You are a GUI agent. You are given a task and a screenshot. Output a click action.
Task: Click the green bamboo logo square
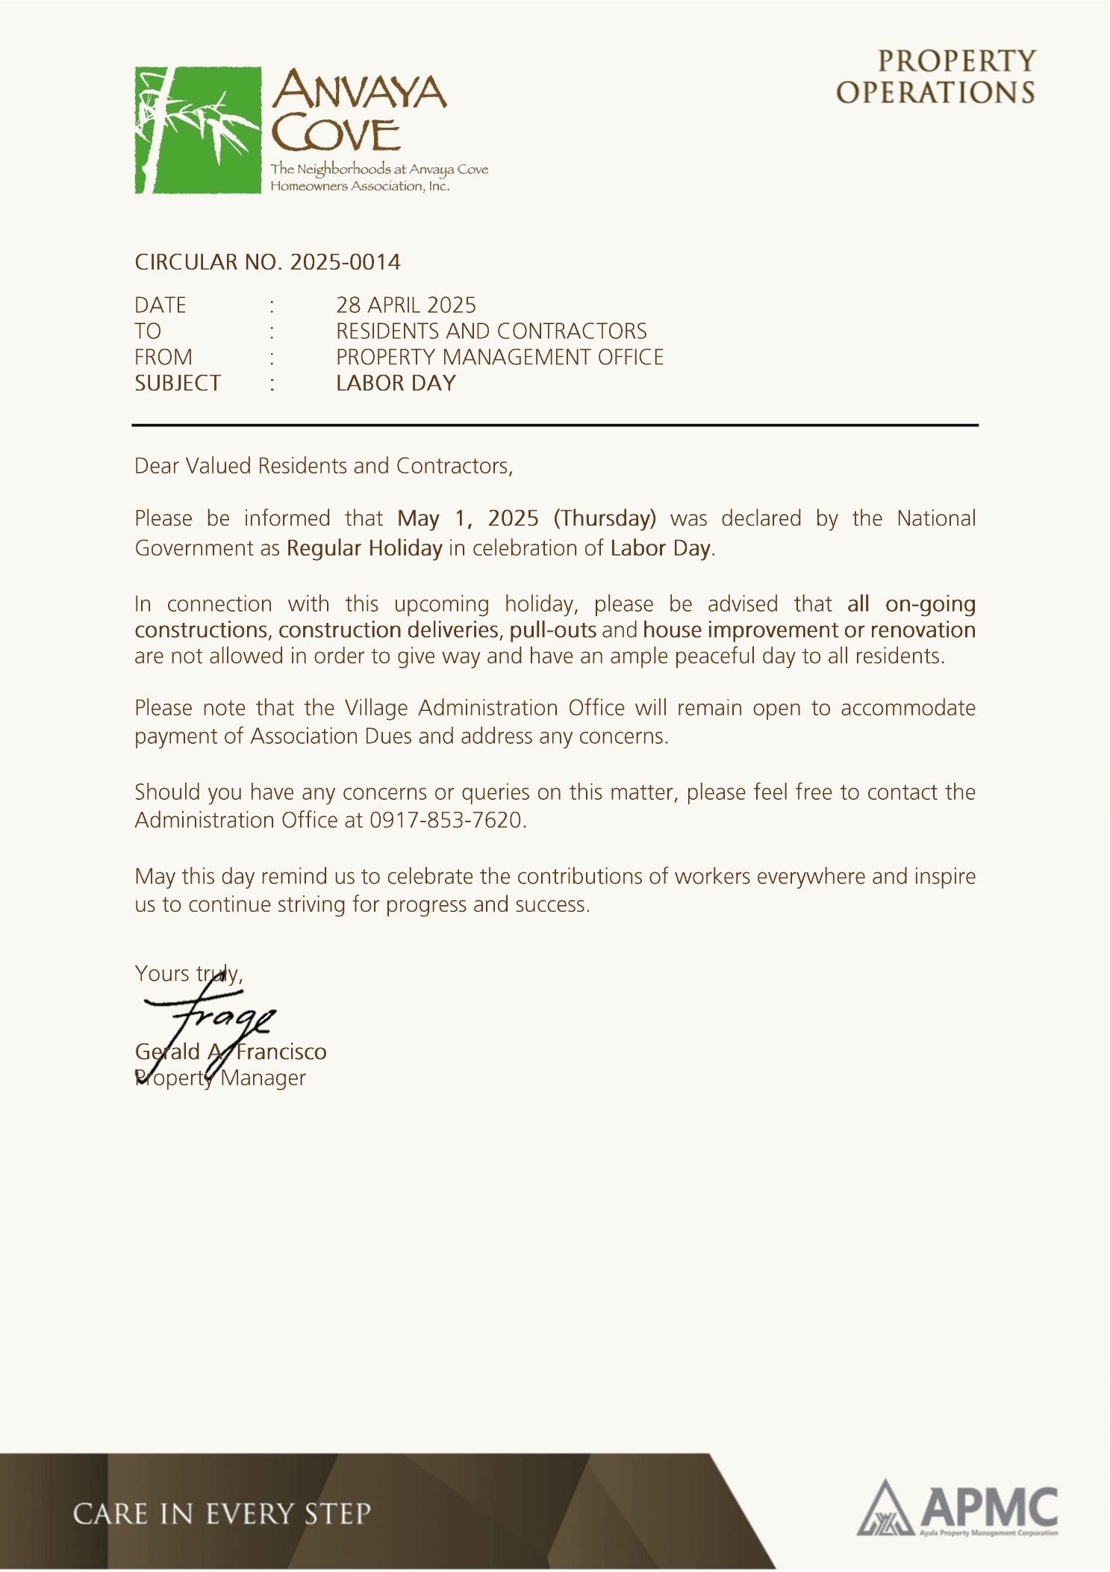coord(198,130)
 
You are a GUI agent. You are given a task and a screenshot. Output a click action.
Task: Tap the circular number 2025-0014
coord(345,262)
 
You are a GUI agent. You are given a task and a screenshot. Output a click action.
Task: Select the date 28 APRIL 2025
coord(405,305)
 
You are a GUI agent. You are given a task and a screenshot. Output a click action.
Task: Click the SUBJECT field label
coord(178,383)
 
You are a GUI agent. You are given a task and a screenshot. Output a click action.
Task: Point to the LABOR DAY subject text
coord(396,383)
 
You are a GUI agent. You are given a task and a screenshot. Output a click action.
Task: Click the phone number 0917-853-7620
coord(446,820)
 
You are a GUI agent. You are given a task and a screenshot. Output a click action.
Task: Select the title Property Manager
coord(220,1078)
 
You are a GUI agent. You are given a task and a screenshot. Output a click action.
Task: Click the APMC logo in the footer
coord(957,1509)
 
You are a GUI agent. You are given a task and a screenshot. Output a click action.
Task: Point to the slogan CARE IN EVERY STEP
coord(222,1514)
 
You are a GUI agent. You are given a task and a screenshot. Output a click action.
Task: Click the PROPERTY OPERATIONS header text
coord(936,77)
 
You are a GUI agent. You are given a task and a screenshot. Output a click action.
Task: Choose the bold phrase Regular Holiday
coord(364,548)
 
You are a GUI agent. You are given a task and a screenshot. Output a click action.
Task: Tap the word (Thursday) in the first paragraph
coord(605,518)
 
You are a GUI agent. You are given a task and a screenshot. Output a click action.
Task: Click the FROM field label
coord(163,357)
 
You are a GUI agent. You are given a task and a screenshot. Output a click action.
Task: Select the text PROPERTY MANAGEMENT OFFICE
coord(499,357)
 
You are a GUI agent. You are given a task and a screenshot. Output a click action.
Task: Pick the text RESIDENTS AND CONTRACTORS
coord(491,331)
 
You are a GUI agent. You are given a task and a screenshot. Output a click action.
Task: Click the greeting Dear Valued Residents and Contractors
coord(323,466)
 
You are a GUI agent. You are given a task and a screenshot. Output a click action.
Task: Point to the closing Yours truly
coord(188,973)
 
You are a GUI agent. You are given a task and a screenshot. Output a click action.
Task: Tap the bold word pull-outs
coord(552,630)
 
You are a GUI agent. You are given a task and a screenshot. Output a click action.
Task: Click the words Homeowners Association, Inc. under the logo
coord(360,186)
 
